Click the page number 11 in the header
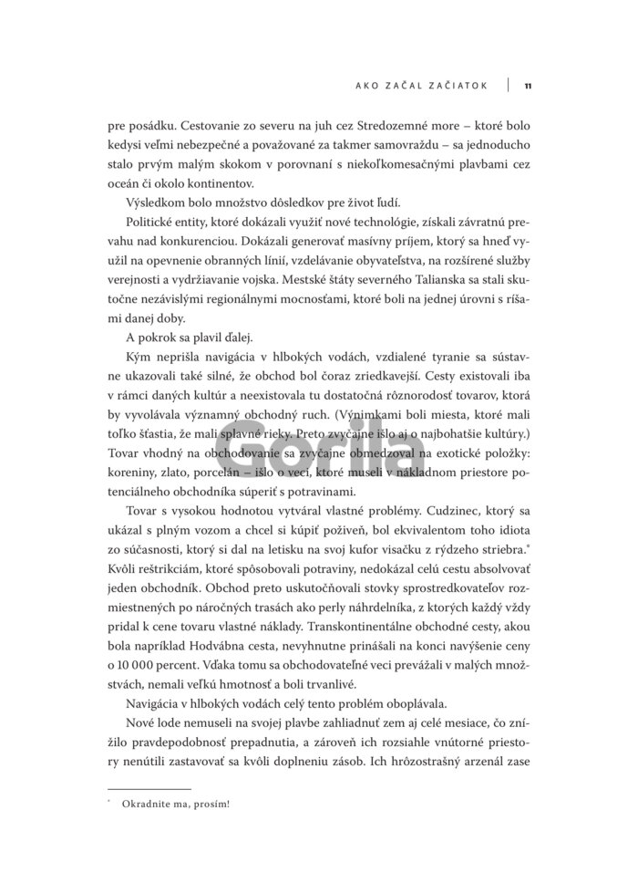click(x=528, y=87)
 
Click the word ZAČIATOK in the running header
click(x=452, y=87)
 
